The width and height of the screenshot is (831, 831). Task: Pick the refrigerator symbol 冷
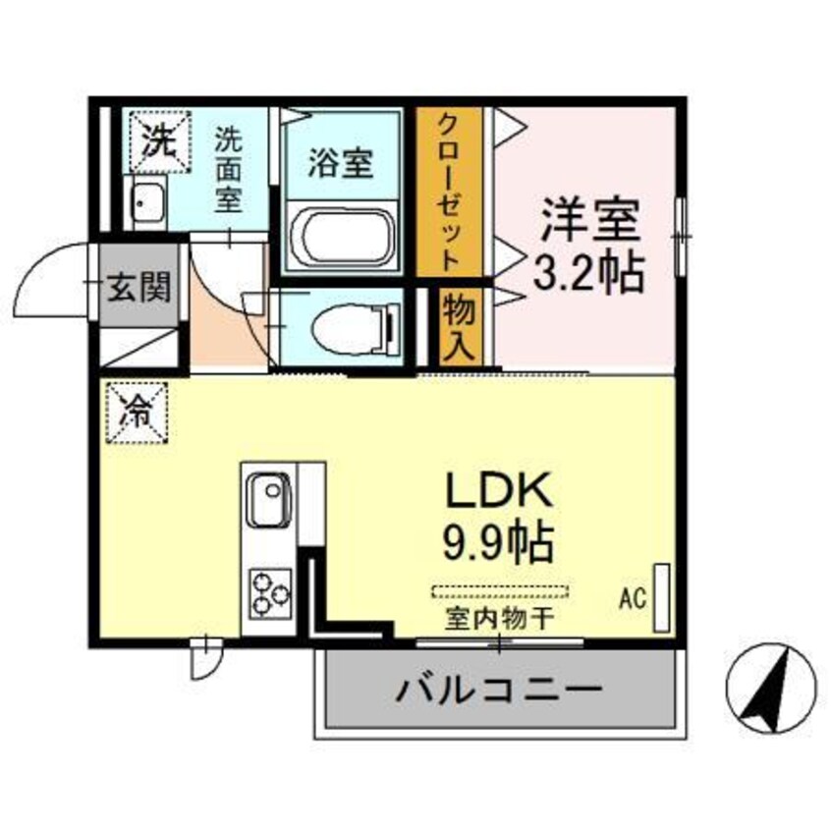coord(137,411)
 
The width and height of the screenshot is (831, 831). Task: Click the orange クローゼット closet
coord(448,192)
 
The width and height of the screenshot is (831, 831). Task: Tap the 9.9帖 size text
coord(502,540)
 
